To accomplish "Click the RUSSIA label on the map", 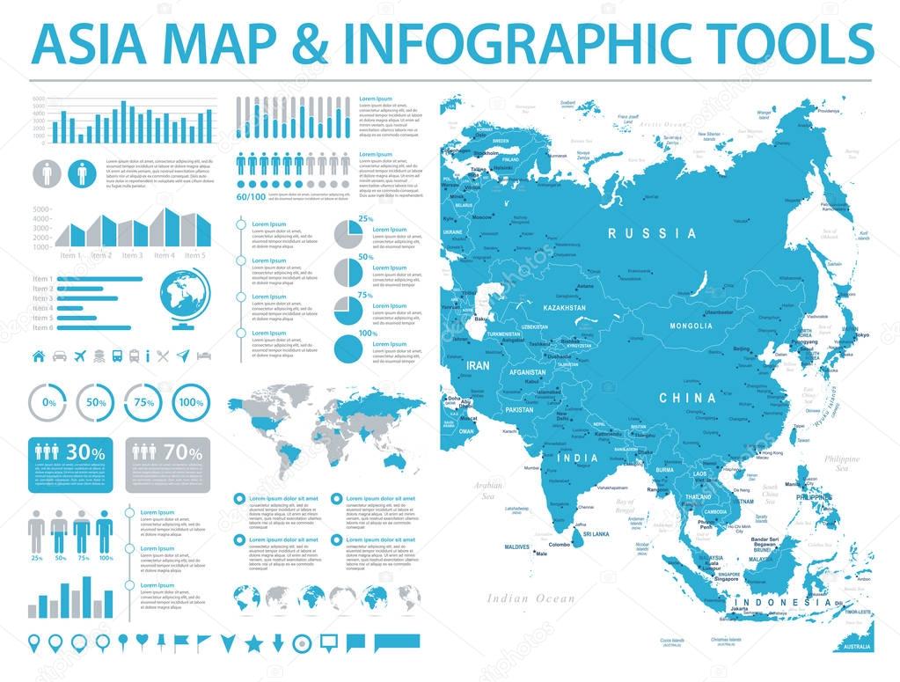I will coord(652,234).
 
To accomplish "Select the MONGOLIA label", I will coord(691,326).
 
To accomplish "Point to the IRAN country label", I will coord(478,364).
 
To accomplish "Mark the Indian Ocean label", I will coord(531,598).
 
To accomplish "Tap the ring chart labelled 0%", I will coord(49,402).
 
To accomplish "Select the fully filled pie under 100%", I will coord(349,349).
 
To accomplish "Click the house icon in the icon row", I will coord(39,356).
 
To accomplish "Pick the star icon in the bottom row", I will coord(254,642).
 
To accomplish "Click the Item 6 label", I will coord(43,327).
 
